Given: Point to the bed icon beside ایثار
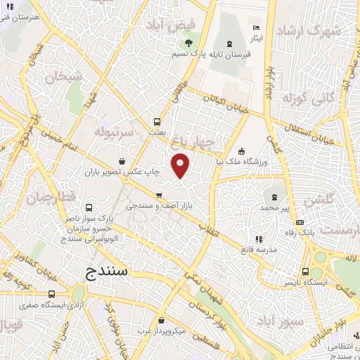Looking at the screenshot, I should [x=257, y=27].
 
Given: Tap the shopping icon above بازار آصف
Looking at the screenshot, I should [x=159, y=195].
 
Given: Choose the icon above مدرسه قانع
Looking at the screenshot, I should [x=259, y=239].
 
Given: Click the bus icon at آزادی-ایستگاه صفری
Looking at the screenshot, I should [x=51, y=295].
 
